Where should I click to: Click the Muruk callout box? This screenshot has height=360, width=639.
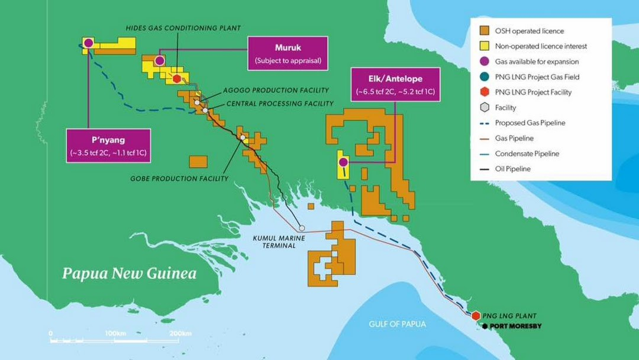(x=288, y=53)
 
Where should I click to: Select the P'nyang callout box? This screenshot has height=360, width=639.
(x=108, y=145)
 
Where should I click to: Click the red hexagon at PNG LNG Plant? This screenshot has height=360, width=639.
(x=476, y=315)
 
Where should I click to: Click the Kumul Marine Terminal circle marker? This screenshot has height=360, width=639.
(x=302, y=227)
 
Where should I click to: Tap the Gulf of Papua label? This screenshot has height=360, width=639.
(x=397, y=324)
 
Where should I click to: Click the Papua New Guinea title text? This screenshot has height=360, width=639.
(x=129, y=274)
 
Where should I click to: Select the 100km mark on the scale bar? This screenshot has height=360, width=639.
(x=114, y=333)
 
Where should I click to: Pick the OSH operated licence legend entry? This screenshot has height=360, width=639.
(x=529, y=31)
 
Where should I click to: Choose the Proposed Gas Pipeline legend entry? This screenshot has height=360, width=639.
(x=530, y=123)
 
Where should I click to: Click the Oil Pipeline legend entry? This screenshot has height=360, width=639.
(x=513, y=169)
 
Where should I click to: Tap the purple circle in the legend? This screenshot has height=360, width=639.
(x=485, y=62)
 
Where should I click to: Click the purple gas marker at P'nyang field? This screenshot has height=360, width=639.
(x=88, y=43)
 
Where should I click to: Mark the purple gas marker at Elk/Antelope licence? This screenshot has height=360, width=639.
(x=343, y=161)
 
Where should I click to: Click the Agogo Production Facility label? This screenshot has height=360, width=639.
(x=276, y=90)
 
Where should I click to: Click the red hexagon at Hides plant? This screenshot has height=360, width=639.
(x=177, y=78)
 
